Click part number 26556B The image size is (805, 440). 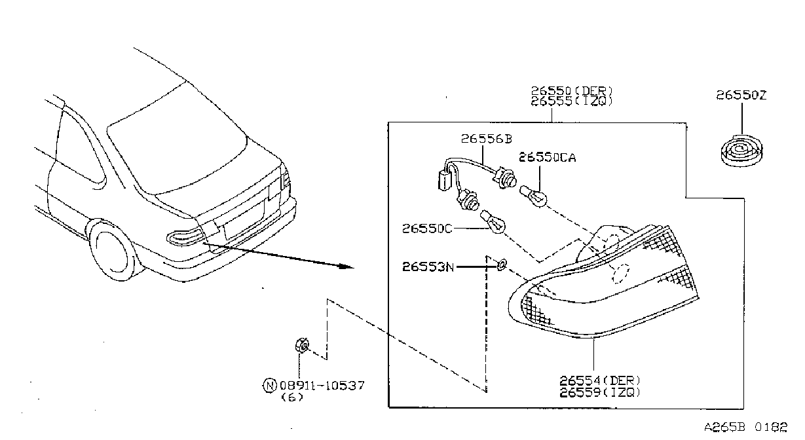pyautogui.click(x=487, y=139)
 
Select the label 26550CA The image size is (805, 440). pyautogui.click(x=548, y=157)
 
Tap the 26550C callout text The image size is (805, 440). pyautogui.click(x=427, y=229)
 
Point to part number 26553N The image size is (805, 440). pyautogui.click(x=428, y=267)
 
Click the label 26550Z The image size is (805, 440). pyautogui.click(x=741, y=95)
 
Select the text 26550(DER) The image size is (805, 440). pyautogui.click(x=572, y=91)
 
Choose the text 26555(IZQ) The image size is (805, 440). pyautogui.click(x=572, y=101)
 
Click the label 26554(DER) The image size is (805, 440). pyautogui.click(x=600, y=380)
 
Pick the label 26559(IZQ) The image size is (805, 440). pyautogui.click(x=600, y=392)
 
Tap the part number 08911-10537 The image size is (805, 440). pyautogui.click(x=322, y=386)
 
